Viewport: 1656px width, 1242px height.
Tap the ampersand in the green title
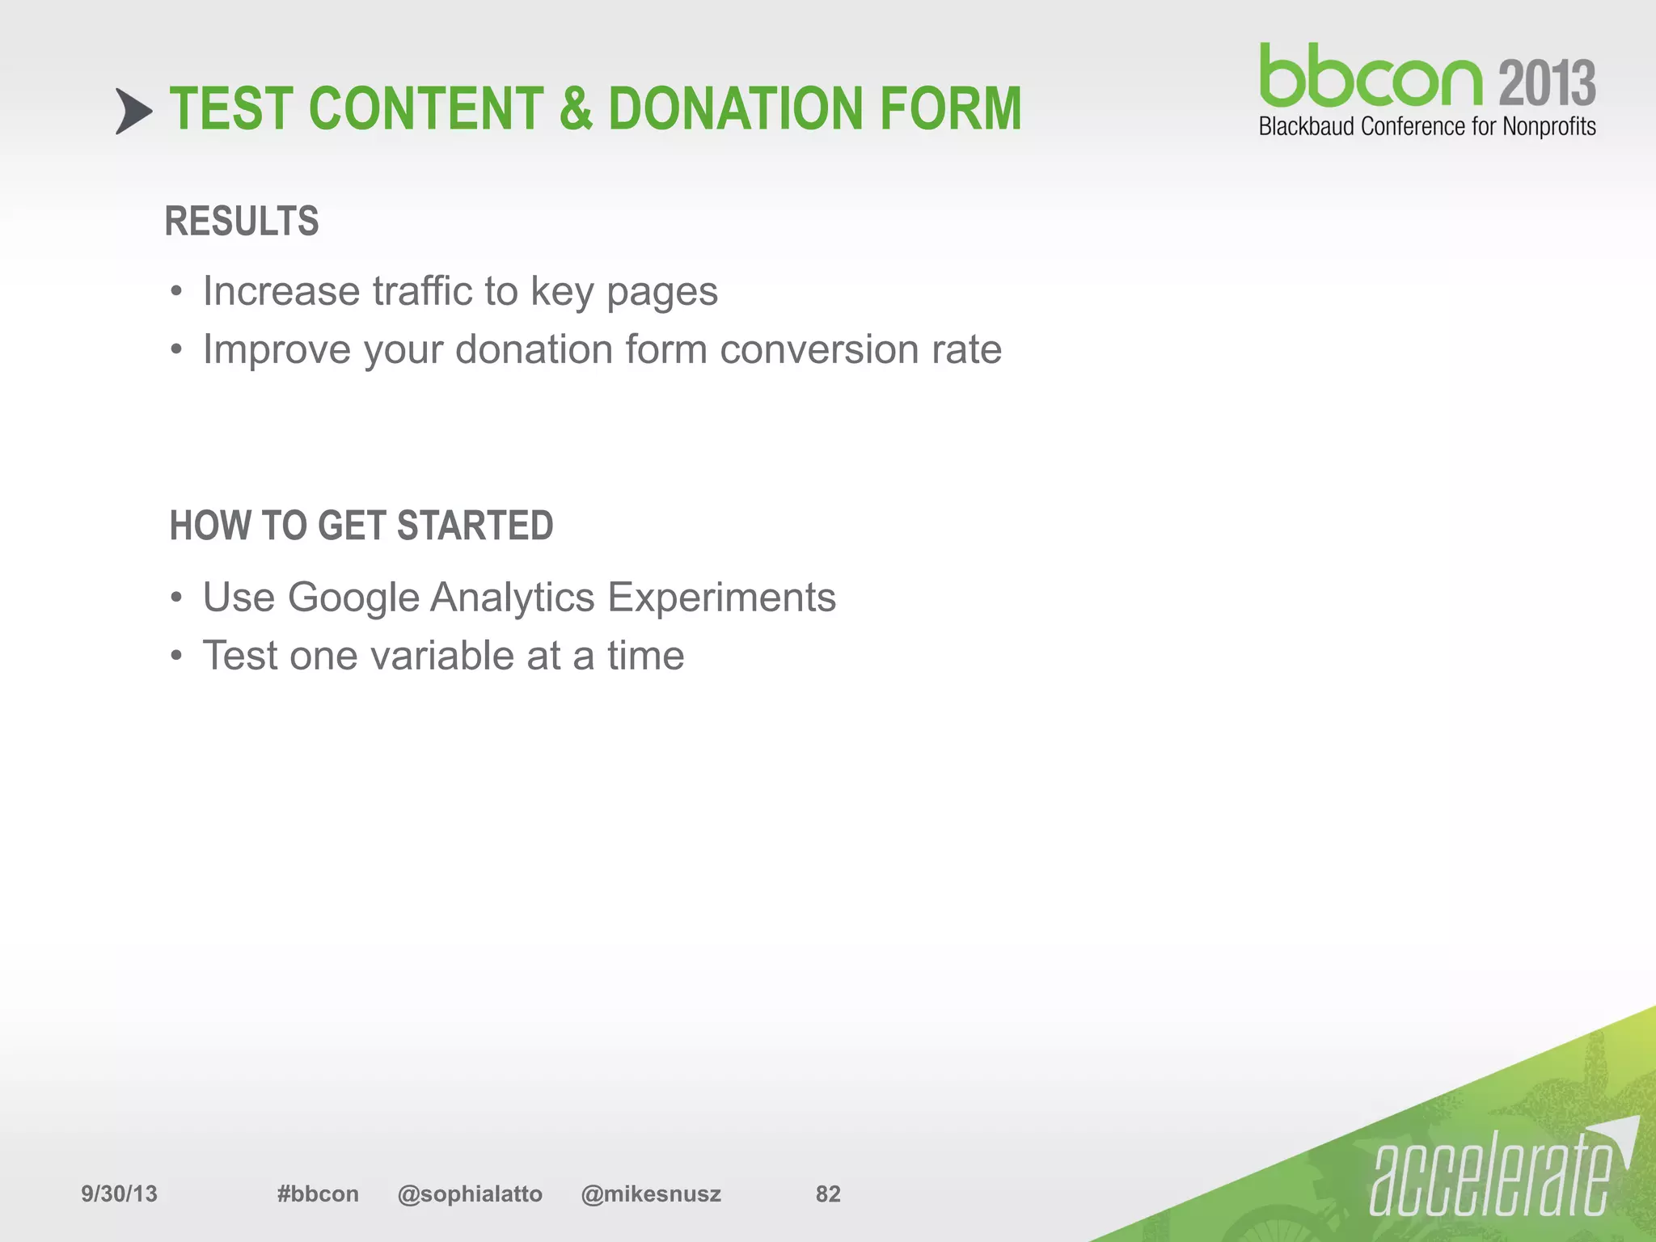pos(575,109)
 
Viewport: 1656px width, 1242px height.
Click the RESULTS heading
pos(242,222)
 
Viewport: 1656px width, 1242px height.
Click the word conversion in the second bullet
pos(819,349)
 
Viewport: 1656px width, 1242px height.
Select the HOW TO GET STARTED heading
pos(361,526)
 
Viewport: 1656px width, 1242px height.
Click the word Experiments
pos(721,598)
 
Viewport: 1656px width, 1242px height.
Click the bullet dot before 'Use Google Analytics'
pos(176,599)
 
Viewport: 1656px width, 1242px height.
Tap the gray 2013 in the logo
pos(1547,83)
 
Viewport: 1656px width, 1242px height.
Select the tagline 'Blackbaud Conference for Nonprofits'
pos(1427,127)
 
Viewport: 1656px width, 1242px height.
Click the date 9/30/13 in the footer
pos(119,1194)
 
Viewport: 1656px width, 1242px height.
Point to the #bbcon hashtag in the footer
pos(318,1194)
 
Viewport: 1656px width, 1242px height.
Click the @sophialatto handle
pos(470,1194)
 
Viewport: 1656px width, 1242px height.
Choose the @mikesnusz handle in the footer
pos(651,1194)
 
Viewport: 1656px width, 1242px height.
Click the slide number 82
pos(828,1194)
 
